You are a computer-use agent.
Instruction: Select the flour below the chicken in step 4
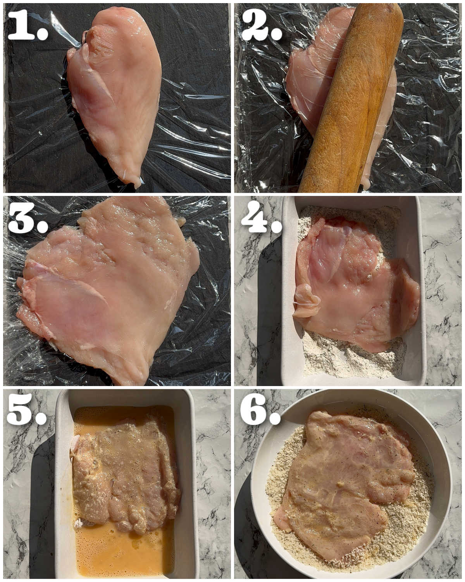point(349,363)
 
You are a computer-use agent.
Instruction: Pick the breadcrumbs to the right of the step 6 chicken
point(418,504)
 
